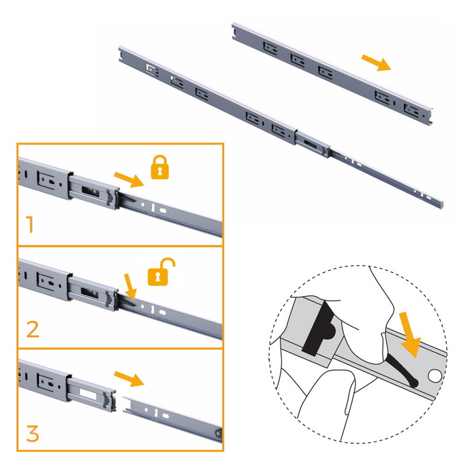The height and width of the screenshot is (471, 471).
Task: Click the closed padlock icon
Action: point(160,168)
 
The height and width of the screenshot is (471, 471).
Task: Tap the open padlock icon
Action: point(160,272)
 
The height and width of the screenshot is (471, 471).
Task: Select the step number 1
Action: point(30,224)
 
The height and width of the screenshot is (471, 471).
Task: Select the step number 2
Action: point(33,329)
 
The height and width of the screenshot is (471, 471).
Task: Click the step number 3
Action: point(33,433)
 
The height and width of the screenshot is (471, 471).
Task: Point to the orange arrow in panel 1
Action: point(129,180)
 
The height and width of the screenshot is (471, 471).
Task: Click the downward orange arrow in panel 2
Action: point(131,287)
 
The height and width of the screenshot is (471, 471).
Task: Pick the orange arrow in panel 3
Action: point(129,379)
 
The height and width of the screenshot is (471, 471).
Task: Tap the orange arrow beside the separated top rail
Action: point(376,63)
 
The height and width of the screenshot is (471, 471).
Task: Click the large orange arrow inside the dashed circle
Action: point(410,334)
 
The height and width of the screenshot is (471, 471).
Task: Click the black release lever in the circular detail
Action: point(402,371)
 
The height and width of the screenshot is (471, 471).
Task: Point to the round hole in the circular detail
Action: point(435,375)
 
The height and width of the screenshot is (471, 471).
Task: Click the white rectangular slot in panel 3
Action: point(88,394)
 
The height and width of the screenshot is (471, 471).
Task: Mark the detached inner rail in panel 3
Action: point(172,419)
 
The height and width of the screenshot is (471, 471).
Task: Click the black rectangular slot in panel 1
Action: point(90,191)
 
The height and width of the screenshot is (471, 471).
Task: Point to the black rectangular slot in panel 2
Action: point(89,292)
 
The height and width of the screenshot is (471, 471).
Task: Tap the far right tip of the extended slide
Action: point(443,206)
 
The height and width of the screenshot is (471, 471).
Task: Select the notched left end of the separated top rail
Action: point(234,32)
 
